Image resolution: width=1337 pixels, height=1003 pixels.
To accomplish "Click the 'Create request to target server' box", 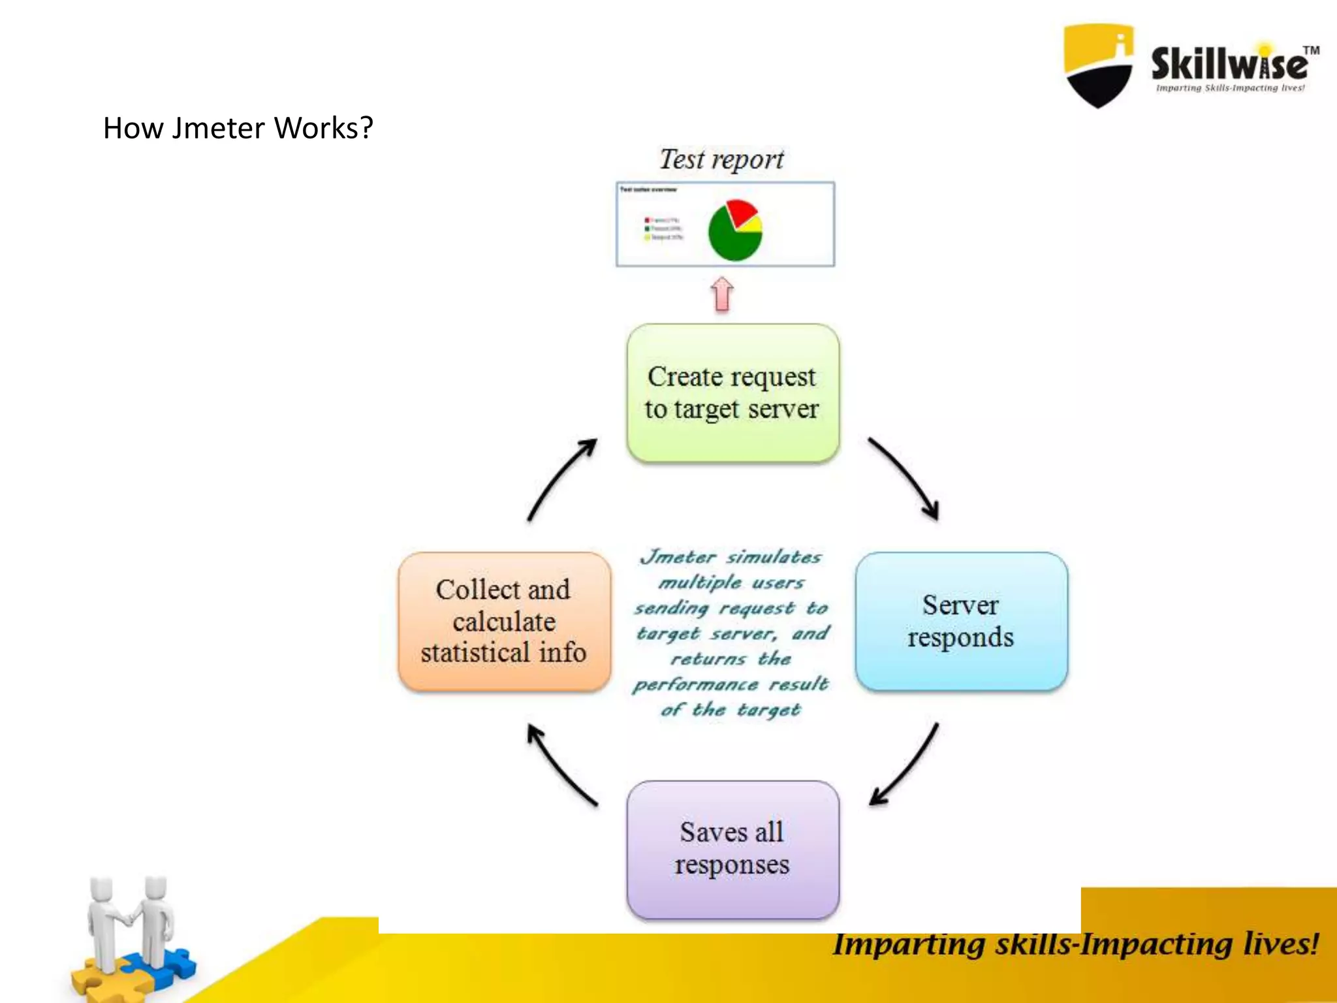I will pyautogui.click(x=732, y=393).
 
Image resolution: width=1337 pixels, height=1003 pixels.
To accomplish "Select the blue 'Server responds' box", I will pyautogui.click(x=961, y=621).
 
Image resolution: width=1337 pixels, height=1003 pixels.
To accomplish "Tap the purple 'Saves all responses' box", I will pyautogui.click(x=732, y=849).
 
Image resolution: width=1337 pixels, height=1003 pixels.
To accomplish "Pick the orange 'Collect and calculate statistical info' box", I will pyautogui.click(x=504, y=621).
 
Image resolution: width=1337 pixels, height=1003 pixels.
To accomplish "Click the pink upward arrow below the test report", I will pyautogui.click(x=721, y=294).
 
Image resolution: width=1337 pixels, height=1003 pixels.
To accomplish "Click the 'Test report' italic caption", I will pyautogui.click(x=721, y=159).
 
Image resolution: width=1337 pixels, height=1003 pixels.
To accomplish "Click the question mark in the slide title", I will pyautogui.click(x=366, y=127).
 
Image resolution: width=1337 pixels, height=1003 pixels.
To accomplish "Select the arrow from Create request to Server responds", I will pyautogui.click(x=907, y=477).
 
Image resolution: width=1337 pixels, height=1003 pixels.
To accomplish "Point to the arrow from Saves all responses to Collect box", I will pyautogui.click(x=558, y=764).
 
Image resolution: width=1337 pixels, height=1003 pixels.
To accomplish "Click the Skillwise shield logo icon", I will pyautogui.click(x=1098, y=65).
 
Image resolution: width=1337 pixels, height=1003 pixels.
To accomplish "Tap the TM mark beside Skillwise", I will pyautogui.click(x=1311, y=50).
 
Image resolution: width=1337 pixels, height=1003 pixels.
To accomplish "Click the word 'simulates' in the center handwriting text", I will pyautogui.click(x=774, y=557).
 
